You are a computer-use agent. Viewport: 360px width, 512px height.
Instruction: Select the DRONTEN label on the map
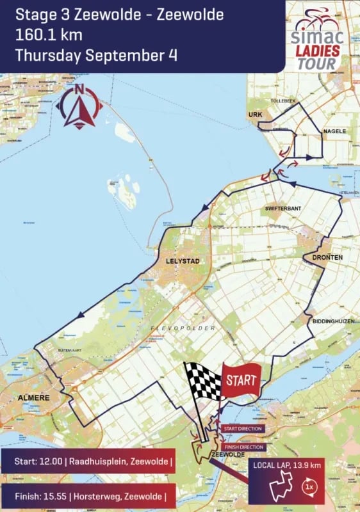pos(328,257)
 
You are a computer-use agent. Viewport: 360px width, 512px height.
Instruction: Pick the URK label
pos(256,115)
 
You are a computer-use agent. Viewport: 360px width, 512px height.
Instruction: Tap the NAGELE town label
pos(334,131)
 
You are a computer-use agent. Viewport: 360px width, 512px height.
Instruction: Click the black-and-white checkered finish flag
pos(204,381)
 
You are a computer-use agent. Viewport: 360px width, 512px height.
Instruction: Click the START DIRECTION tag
pos(241,428)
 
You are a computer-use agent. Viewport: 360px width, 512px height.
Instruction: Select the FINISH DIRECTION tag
pos(242,447)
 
